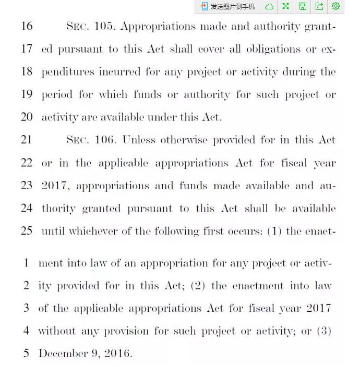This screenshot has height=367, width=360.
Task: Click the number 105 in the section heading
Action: [104, 26]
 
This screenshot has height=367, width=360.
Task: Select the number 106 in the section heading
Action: [105, 140]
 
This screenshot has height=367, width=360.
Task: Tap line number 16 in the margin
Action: [27, 26]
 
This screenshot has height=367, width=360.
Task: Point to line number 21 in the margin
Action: [27, 140]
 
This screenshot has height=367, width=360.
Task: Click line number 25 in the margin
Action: [27, 231]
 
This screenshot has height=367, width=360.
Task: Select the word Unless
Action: [139, 140]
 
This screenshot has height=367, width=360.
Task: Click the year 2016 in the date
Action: [117, 353]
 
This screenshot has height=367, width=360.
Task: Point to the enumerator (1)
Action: [274, 231]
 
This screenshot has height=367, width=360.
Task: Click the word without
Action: [57, 331]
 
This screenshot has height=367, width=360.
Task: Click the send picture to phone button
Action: [228, 6]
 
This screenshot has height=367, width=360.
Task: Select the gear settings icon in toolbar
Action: [335, 6]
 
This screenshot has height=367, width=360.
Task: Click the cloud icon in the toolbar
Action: [269, 6]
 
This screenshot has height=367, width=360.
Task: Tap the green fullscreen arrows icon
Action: [285, 6]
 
